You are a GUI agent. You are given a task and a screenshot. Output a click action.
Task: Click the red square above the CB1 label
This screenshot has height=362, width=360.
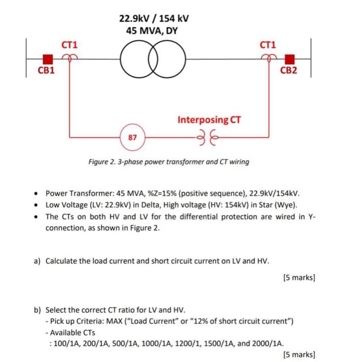[x=48, y=58]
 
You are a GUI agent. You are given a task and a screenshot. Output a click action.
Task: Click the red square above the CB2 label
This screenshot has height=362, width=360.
[x=290, y=58]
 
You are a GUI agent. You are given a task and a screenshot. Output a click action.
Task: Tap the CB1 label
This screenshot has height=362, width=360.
[x=46, y=70]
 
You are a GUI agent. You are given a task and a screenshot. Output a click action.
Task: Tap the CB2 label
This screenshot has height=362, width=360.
[x=288, y=70]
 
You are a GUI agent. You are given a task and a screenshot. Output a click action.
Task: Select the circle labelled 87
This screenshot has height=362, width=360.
[x=132, y=138]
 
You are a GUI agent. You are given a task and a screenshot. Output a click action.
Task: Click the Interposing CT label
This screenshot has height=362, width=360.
[x=209, y=120]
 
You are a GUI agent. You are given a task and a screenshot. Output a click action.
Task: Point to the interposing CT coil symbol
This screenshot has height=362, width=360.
[x=205, y=138]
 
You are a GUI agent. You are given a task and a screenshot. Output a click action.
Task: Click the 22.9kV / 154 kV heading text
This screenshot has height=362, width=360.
[x=154, y=19]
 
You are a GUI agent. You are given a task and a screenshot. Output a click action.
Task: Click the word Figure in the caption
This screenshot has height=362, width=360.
[x=100, y=162]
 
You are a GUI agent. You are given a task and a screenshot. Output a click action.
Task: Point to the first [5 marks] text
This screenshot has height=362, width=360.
[x=299, y=278]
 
